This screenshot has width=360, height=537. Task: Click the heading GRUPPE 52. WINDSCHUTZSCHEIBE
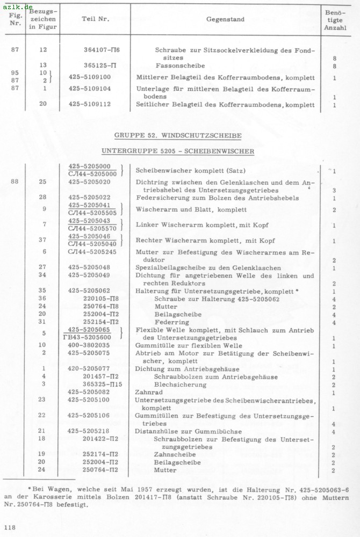(178, 135)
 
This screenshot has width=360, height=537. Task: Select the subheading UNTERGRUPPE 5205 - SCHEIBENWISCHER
(178, 151)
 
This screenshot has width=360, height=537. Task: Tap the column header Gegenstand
(225, 19)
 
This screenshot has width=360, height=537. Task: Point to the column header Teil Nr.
(96, 19)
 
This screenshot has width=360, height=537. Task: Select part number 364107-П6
(102, 50)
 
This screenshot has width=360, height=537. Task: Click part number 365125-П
(100, 66)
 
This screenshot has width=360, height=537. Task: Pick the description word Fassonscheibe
(177, 66)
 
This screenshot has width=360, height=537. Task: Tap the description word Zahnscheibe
(171, 454)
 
